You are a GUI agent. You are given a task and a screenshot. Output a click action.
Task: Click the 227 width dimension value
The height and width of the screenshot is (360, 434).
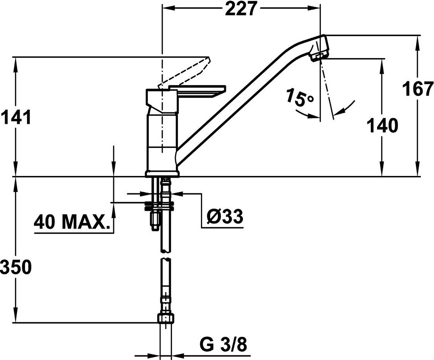(x=240, y=8)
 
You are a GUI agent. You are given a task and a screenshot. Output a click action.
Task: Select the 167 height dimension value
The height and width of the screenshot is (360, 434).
(x=418, y=89)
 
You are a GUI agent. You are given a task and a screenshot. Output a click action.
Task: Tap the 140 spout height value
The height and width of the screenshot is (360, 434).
(x=382, y=125)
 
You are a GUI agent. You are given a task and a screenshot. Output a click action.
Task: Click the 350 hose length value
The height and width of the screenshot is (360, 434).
(x=16, y=267)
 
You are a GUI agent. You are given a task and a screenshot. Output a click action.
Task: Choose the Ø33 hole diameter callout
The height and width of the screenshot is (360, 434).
(x=225, y=216)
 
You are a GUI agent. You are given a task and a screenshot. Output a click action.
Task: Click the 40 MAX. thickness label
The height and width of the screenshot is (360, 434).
(x=71, y=222)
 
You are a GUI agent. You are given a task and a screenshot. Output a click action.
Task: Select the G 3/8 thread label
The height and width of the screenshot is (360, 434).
(x=223, y=345)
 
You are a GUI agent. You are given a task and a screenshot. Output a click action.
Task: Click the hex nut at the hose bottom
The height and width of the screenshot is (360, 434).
(x=166, y=318)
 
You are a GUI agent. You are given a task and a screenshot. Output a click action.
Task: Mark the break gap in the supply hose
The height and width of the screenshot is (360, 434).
(x=166, y=255)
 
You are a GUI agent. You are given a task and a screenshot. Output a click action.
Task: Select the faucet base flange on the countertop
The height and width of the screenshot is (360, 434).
(x=162, y=173)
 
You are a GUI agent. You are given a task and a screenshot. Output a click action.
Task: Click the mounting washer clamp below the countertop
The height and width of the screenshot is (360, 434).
(x=159, y=205)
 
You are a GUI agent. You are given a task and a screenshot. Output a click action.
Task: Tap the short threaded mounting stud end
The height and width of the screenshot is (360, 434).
(x=154, y=220)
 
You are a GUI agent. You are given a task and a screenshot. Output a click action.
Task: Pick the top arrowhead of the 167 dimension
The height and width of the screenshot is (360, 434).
(x=417, y=41)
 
